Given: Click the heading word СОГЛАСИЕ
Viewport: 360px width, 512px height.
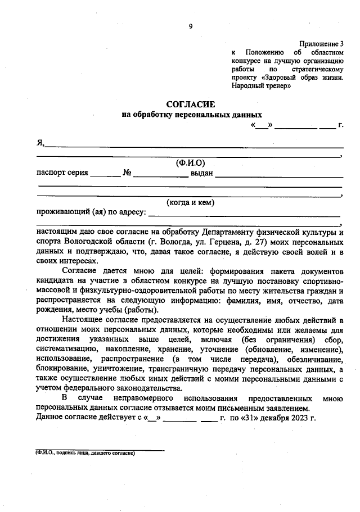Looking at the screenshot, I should (190, 105).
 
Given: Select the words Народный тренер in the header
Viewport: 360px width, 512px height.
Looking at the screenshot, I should (261, 86).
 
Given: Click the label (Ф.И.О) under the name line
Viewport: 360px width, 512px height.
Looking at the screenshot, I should (190, 163).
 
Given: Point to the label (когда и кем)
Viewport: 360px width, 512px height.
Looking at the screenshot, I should (190, 202).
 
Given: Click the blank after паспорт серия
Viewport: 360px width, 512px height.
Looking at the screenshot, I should (105, 173).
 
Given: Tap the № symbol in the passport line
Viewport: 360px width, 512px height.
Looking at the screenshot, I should (127, 173).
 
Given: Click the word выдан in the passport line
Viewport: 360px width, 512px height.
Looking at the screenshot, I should (201, 173).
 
